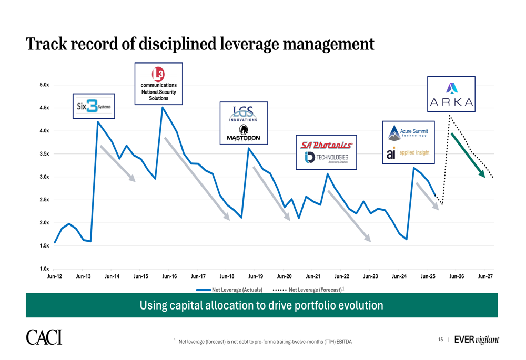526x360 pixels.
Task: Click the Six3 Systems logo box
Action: (94, 106)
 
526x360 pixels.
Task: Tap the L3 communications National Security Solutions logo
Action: (158, 84)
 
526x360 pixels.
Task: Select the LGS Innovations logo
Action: (243, 114)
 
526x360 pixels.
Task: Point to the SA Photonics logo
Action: (326, 145)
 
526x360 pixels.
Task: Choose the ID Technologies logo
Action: (327, 157)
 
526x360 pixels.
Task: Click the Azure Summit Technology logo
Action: (408, 133)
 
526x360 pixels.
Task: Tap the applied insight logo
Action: (408, 153)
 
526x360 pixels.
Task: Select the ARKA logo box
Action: (451, 94)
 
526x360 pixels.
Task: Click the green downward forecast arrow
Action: (468, 155)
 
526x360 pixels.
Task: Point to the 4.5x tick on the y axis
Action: (44, 108)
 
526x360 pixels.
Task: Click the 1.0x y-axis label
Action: (44, 269)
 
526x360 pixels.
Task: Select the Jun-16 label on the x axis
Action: (169, 276)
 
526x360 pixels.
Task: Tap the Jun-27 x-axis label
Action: (485, 276)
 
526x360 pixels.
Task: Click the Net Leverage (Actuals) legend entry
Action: (229, 290)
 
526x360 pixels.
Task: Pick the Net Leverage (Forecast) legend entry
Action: (309, 290)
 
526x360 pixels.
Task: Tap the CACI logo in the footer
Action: (44, 337)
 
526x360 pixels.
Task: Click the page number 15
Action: (440, 340)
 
